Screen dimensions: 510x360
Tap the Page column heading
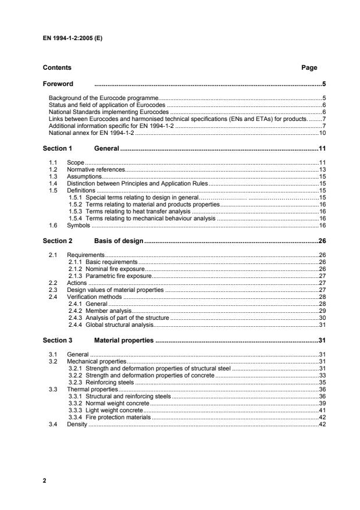click(x=309, y=68)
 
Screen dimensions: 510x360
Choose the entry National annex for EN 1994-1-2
click(x=91, y=133)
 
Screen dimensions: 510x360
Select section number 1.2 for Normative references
click(x=54, y=169)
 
